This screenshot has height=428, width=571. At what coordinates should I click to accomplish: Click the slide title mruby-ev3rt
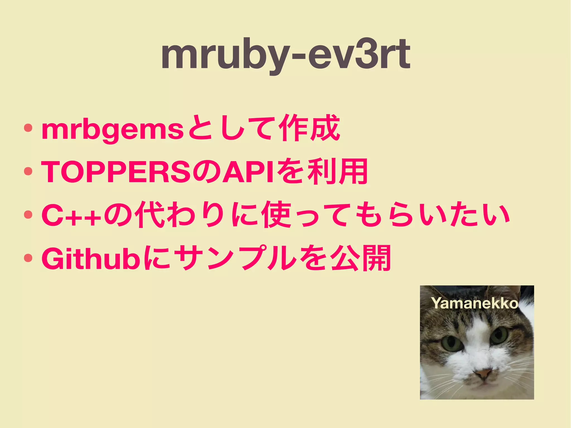tap(285, 54)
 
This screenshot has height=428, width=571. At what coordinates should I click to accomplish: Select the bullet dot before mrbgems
tap(28, 128)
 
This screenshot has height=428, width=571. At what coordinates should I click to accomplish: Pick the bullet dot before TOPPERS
tap(28, 171)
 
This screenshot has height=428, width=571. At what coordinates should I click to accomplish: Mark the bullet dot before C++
tap(28, 214)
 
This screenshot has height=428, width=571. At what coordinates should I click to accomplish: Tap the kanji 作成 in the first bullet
tap(310, 129)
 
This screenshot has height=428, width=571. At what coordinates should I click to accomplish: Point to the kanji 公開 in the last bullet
tap(361, 258)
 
